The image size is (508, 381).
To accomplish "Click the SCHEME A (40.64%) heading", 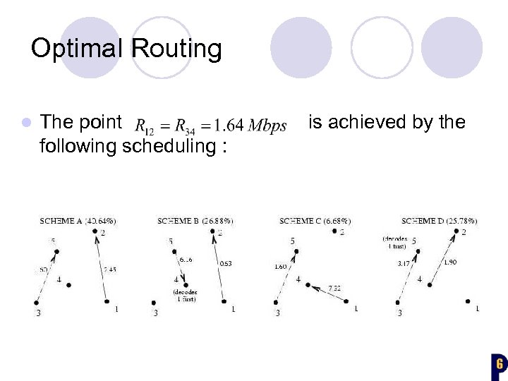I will (x=78, y=222).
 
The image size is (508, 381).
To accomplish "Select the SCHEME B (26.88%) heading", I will (x=195, y=222).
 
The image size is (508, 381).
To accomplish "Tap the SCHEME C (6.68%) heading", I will (x=315, y=222).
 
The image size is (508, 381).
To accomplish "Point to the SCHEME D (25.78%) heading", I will (x=439, y=222).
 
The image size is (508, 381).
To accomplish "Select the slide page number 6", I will (x=499, y=364).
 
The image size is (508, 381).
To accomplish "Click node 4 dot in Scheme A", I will (x=68, y=285).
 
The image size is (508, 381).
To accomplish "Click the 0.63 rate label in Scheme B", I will (x=226, y=264).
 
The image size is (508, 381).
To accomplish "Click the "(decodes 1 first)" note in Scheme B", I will (x=184, y=296).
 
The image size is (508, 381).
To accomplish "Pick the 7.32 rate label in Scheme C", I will (x=335, y=288).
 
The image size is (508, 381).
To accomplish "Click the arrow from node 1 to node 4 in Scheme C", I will (x=326, y=291).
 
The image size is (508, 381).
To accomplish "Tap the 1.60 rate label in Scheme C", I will (x=280, y=267).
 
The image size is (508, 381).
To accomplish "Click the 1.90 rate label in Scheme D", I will (x=449, y=262).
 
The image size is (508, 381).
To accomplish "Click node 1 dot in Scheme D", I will (x=468, y=301).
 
